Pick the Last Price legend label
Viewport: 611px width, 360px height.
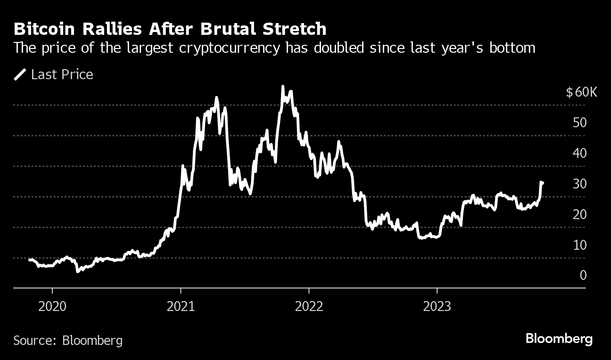coord(62,74)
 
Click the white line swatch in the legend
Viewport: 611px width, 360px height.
coord(20,74)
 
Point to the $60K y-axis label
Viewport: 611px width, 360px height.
coord(581,92)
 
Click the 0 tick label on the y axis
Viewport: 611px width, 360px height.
coord(583,275)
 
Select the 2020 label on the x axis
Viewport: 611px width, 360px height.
coord(52,306)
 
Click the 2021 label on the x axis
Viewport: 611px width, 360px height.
coord(181,306)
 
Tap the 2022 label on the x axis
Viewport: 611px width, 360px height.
coord(309,306)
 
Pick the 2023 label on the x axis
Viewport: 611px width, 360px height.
coord(437,306)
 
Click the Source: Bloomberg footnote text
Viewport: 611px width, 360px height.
coord(68,340)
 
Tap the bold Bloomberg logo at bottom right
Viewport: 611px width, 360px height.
coord(559,339)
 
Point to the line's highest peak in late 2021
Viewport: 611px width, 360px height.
coord(282,87)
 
